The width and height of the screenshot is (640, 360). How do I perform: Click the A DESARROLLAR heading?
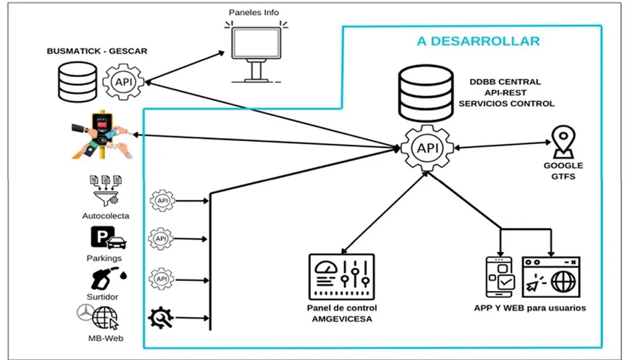(x=478, y=41)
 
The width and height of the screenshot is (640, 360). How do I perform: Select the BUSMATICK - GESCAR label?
(x=97, y=51)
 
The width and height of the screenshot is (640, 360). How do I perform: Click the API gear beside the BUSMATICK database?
(x=124, y=82)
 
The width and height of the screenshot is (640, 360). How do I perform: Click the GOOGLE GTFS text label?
(x=563, y=171)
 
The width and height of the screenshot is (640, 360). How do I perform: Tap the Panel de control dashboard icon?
(x=342, y=276)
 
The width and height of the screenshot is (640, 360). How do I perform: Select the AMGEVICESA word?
(x=342, y=318)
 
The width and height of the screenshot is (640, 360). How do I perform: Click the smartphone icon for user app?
(x=499, y=277)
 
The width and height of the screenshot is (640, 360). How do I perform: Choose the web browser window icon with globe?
(x=551, y=276)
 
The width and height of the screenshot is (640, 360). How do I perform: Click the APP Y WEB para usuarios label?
(x=530, y=308)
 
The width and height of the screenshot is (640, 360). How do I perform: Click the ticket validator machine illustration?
(x=101, y=134)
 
